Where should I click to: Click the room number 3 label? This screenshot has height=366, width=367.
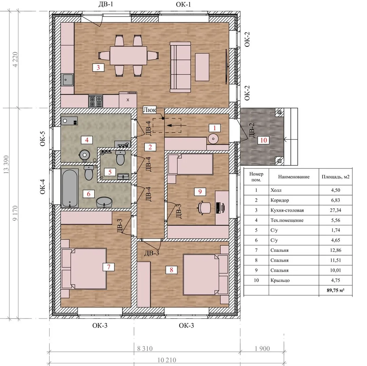tap(98, 67)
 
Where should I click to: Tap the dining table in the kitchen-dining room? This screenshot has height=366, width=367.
tap(129, 56)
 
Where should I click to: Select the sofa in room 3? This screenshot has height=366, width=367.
tap(180, 67)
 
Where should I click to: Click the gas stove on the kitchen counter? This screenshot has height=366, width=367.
tap(96, 101)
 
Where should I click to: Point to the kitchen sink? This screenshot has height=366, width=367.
tap(67, 80)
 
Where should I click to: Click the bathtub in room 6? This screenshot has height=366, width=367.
tap(70, 188)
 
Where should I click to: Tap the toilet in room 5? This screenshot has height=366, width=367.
tap(120, 158)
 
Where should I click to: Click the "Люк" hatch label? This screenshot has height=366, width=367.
tap(150, 110)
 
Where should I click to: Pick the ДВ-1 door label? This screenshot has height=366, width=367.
tap(106, 4)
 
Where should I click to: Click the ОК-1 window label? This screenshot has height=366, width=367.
tap(183, 4)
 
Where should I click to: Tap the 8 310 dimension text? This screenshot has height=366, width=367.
tap(145, 349)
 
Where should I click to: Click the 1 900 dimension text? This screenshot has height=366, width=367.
tap(262, 349)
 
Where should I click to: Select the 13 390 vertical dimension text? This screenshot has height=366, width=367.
tap(6, 165)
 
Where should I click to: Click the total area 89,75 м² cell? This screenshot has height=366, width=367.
tap(335, 290)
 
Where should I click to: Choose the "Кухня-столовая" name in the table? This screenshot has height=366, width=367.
tap(287, 210)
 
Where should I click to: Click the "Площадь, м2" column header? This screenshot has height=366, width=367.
tap(335, 177)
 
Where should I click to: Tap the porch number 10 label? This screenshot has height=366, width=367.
tap(264, 140)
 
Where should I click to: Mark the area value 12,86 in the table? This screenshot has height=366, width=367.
tap(335, 250)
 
